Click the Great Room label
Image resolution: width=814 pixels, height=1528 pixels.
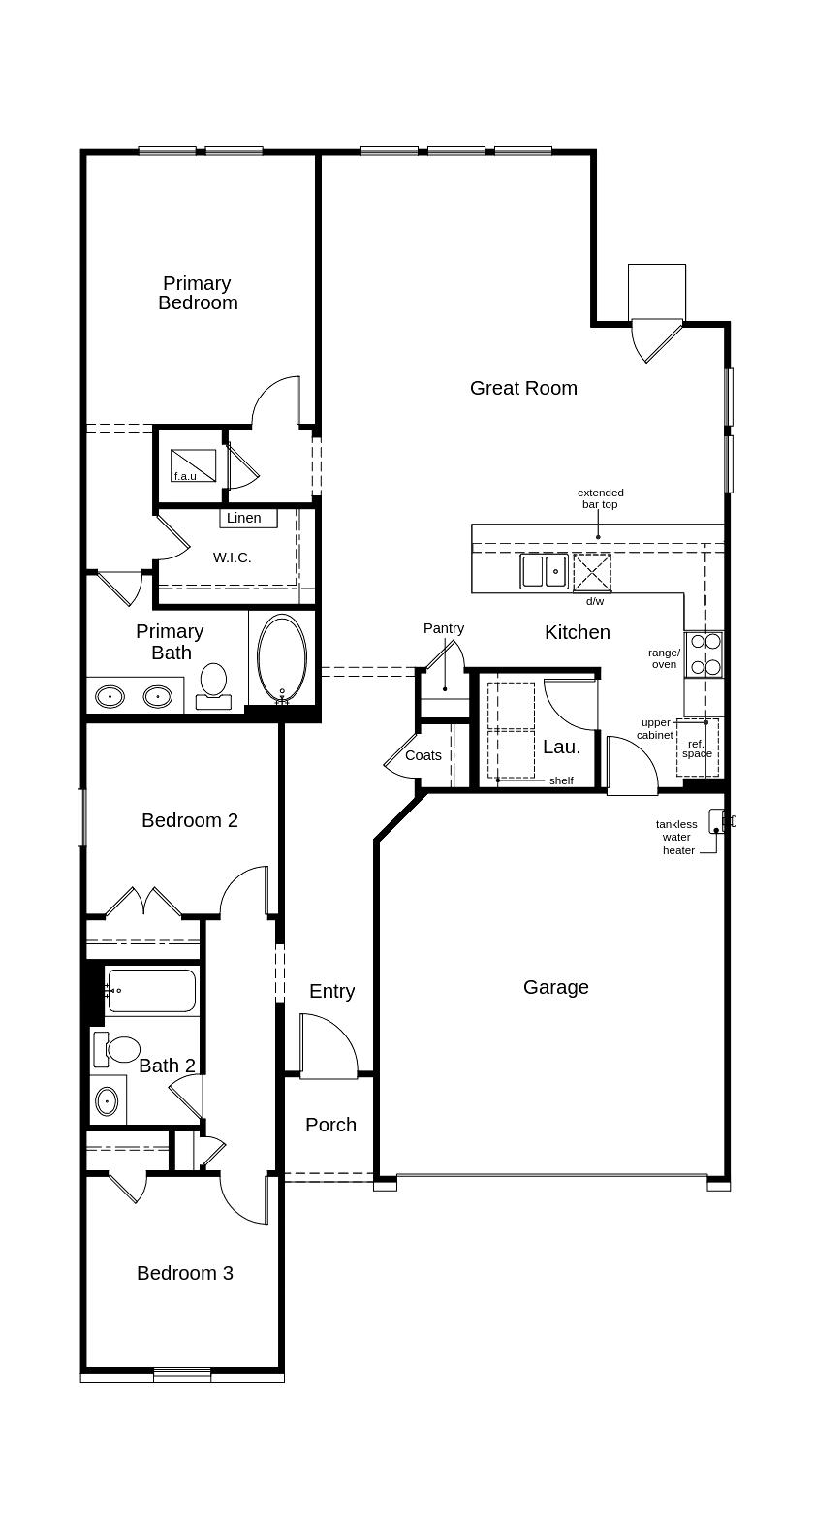pyautogui.click(x=523, y=388)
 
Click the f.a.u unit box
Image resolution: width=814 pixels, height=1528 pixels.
pyautogui.click(x=193, y=465)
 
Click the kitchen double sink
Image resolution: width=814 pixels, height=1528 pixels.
pyautogui.click(x=544, y=571)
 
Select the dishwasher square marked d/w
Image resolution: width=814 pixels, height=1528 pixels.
pyautogui.click(x=592, y=572)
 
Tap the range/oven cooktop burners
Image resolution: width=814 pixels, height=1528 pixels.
pyautogui.click(x=704, y=653)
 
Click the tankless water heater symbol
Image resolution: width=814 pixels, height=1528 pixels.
pyautogui.click(x=718, y=821)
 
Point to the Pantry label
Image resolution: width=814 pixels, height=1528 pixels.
pyautogui.click(x=444, y=628)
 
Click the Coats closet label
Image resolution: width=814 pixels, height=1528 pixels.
pyautogui.click(x=423, y=755)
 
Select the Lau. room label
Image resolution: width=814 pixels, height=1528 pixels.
pyautogui.click(x=562, y=747)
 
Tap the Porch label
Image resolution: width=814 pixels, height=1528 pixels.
pyautogui.click(x=330, y=1125)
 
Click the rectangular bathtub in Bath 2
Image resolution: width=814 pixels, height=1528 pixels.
pyautogui.click(x=151, y=990)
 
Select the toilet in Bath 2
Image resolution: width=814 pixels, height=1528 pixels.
pyautogui.click(x=120, y=1049)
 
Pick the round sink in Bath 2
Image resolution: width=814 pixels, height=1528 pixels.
pyautogui.click(x=107, y=1101)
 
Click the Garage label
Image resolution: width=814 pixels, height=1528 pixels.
pyautogui.click(x=555, y=987)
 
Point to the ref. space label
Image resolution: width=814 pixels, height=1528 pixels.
pyautogui.click(x=697, y=748)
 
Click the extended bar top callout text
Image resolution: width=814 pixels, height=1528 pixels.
pyautogui.click(x=600, y=498)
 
